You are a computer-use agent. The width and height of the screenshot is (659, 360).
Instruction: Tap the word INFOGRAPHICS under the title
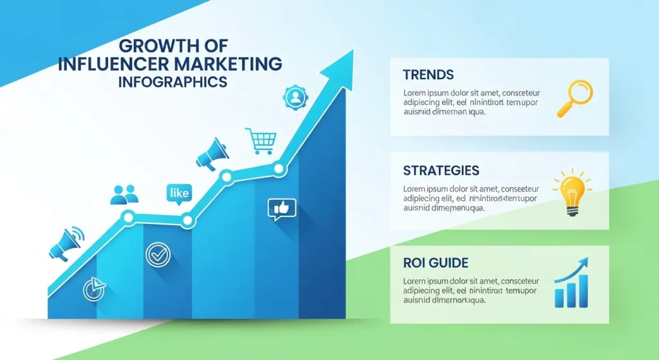172,82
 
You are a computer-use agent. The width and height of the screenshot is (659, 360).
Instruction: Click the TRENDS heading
428,74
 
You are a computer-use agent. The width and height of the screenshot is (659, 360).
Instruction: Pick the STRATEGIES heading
441,171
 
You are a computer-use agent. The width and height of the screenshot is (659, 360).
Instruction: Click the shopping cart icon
261,141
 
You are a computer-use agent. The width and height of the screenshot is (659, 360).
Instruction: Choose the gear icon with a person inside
296,98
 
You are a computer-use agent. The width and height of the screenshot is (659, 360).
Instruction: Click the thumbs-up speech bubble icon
281,209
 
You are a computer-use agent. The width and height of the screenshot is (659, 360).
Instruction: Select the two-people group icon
124,194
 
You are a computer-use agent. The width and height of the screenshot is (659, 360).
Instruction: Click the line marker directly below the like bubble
187,220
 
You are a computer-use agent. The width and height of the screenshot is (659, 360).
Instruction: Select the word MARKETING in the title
234,64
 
